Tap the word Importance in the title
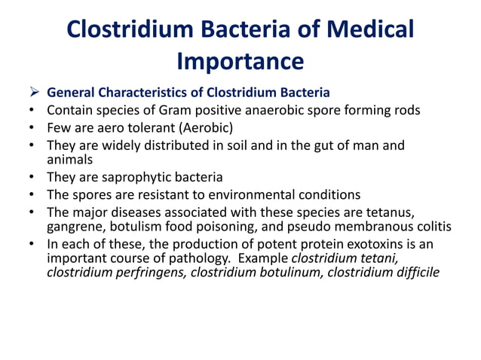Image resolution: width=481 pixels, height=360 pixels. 240,59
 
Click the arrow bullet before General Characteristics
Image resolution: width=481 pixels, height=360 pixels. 33,93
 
